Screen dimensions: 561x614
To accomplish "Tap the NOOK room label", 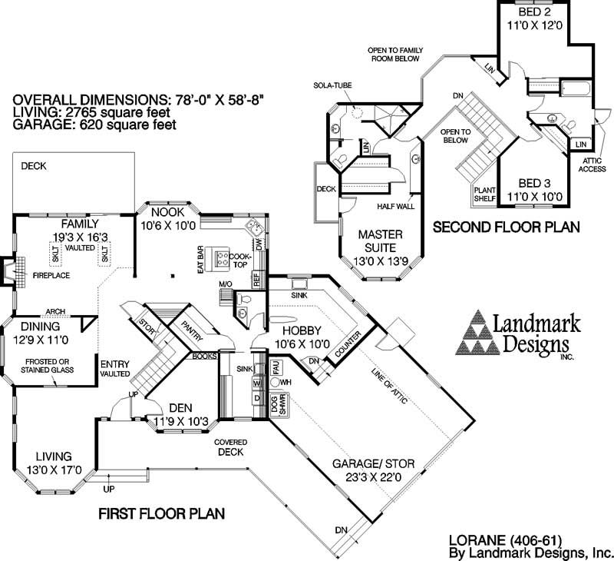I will coord(167,213).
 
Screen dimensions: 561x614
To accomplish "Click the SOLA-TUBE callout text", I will coord(332,85).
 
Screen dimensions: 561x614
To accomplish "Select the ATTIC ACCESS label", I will coord(592,164).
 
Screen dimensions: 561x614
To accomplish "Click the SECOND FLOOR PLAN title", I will coord(506,227).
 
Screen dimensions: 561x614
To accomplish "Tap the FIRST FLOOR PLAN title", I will coord(161,513).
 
